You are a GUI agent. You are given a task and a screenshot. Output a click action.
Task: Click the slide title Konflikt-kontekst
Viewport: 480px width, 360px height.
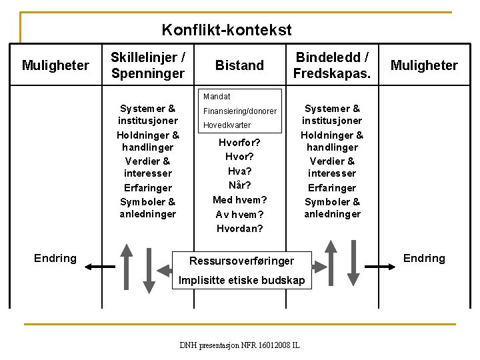[227, 30]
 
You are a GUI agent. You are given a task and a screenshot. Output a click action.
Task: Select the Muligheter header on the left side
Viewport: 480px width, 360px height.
[55, 65]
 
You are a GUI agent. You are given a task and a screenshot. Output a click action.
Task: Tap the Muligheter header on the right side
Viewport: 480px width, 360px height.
[424, 65]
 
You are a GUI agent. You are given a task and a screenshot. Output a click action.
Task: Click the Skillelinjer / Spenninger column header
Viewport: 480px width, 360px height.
[147, 65]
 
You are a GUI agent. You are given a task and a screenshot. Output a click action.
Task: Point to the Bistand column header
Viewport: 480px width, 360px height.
[239, 65]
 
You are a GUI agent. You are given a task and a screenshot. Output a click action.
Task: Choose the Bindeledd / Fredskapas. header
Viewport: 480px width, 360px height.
[332, 65]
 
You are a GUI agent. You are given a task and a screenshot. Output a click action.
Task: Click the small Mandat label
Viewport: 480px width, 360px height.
[217, 96]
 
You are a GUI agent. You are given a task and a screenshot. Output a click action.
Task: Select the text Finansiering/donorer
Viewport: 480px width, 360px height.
[240, 111]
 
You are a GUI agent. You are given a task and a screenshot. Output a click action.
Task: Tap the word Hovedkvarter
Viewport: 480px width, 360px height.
[227, 125]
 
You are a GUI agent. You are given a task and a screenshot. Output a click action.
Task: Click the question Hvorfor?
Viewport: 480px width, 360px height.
[240, 143]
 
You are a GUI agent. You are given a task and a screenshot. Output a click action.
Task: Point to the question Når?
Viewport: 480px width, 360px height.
[240, 185]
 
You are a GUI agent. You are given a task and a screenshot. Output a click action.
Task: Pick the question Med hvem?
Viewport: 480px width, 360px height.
[240, 200]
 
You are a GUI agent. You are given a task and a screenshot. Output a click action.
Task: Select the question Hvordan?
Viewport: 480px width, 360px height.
[240, 229]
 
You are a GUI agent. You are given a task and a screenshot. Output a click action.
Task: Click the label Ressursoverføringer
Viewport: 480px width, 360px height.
[241, 260]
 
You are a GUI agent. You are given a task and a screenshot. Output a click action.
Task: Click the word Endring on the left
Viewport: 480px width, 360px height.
[55, 259]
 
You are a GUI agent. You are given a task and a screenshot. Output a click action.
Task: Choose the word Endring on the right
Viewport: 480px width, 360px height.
[424, 259]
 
